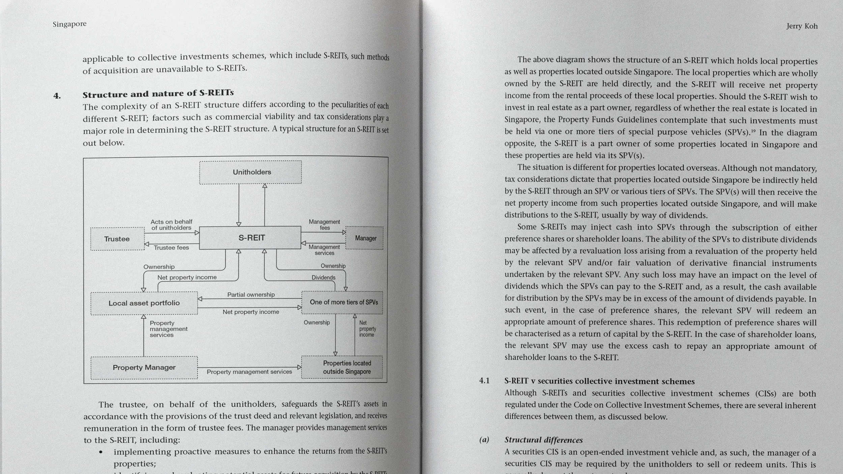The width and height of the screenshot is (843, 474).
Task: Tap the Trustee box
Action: pos(117,239)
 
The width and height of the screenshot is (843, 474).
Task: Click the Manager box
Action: pos(365,238)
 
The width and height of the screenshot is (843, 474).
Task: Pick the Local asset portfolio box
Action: pos(144,303)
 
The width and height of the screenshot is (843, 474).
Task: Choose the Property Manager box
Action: pos(144,367)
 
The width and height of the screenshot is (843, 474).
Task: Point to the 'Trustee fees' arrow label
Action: pos(171,248)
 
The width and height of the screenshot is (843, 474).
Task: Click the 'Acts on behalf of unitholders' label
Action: pos(171,225)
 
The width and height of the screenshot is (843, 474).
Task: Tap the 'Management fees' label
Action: pos(324,225)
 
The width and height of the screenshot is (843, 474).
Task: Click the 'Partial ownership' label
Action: pos(251,295)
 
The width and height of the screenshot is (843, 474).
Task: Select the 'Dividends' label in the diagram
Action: pos(323,278)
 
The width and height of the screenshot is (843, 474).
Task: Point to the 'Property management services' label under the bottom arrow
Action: pos(249,372)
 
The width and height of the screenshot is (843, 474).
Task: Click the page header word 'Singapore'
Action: pos(69,24)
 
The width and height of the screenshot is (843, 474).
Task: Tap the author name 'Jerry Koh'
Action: pos(802,26)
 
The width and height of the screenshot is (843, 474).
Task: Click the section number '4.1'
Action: pos(484,381)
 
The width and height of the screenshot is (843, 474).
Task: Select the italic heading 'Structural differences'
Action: pos(544,440)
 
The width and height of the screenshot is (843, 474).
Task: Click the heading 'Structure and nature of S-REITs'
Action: pos(158,93)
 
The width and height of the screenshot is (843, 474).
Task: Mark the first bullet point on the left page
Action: pos(101,452)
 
